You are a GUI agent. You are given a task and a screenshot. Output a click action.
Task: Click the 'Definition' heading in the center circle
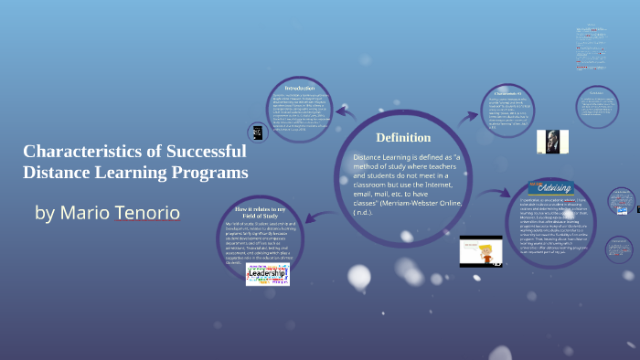[403, 137]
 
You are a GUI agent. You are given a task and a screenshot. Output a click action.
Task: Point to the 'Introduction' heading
[300, 88]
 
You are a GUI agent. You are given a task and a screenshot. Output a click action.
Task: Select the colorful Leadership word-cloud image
[267, 273]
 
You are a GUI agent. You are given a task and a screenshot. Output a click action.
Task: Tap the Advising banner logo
[552, 187]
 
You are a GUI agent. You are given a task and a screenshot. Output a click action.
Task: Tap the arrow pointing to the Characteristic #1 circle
[470, 115]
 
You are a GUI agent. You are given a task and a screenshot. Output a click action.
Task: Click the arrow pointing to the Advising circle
[493, 193]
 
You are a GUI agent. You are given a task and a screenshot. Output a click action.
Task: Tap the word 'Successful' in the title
[197, 152]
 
